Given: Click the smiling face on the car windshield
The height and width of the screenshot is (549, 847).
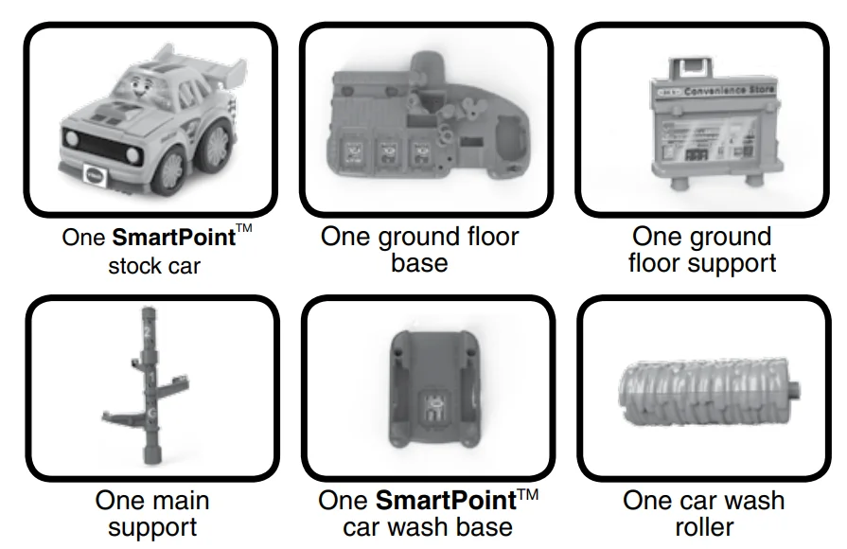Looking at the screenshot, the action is pos(139,86).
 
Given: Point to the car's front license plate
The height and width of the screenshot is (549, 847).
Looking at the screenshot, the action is pos(95,175).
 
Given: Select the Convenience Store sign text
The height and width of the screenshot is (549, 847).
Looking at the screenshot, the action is pos(729,90).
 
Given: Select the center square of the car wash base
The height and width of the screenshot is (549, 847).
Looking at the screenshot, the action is pos(434,407).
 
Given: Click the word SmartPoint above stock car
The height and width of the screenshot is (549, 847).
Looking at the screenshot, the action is pos(174,238).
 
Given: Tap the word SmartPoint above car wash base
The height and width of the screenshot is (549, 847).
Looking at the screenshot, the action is pos(446,501).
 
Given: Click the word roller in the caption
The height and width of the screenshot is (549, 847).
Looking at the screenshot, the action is pos(704,527).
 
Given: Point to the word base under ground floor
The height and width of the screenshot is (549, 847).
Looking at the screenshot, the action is pos(419,263).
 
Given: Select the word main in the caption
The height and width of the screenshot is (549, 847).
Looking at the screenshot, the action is pos(182,501).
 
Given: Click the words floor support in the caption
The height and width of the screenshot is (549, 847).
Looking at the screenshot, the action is pos(702,264).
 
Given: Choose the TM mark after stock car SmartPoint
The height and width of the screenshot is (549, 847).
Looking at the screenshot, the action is pos(244,227).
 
